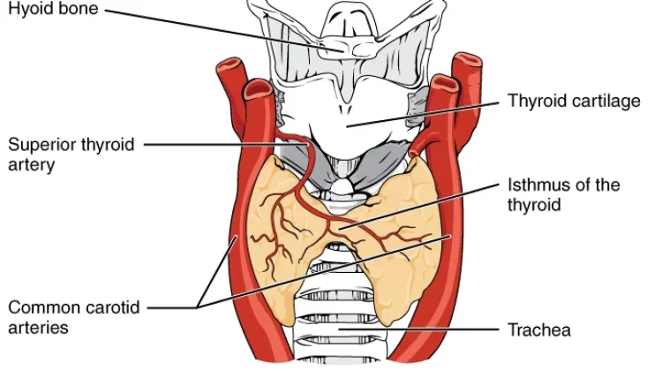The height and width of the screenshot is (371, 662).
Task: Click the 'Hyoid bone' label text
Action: click(53, 9)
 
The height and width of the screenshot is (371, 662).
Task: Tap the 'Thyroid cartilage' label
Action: click(575, 101)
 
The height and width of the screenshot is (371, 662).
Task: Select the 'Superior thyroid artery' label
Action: click(71, 155)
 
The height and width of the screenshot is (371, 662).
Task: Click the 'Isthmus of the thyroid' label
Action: click(564, 194)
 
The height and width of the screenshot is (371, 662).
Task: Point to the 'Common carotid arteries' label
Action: click(74, 317)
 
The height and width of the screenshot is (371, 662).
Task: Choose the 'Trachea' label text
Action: click(539, 330)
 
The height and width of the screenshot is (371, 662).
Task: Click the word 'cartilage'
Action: click(606, 102)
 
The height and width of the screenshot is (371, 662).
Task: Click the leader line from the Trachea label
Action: click(418, 329)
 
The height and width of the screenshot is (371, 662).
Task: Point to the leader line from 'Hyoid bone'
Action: click(224, 30)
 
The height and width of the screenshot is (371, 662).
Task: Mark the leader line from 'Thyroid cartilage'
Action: click(423, 114)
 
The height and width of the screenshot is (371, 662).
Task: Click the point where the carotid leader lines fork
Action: click(198, 307)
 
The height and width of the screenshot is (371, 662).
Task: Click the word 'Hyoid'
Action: click(29, 9)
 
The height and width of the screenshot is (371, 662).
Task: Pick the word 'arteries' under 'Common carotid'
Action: click(38, 328)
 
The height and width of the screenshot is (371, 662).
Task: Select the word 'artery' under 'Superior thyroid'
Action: click(31, 165)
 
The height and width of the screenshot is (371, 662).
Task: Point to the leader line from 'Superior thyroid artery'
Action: click(226, 145)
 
